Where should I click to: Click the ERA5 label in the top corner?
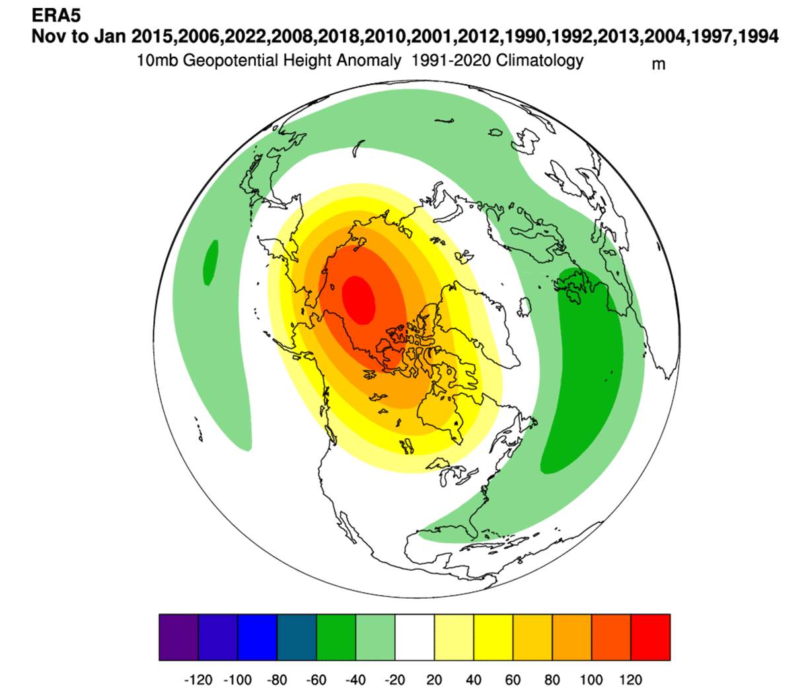click(56, 15)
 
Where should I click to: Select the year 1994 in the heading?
click(758, 36)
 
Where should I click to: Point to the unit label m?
click(658, 64)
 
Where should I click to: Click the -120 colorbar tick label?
click(198, 680)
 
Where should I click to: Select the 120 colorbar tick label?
click(631, 680)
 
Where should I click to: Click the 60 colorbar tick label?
click(513, 680)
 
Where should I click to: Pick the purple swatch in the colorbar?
click(178, 637)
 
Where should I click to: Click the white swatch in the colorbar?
click(415, 637)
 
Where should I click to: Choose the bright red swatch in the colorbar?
click(651, 637)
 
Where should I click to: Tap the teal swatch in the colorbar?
click(297, 637)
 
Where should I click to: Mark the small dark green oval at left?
click(210, 262)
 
